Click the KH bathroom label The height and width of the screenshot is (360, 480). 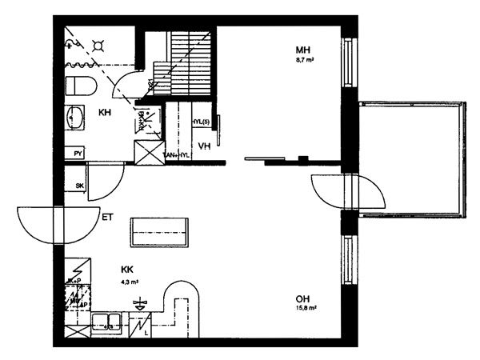tap(105, 113)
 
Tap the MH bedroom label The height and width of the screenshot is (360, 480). tap(303, 50)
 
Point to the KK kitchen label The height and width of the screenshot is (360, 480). tap(127, 270)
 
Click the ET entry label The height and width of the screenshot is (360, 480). tap(107, 216)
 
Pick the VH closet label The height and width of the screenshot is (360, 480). tap(204, 146)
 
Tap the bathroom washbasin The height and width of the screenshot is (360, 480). tap(75, 117)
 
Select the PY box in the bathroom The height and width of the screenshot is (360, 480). tap(78, 152)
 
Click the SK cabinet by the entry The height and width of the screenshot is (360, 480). tap(78, 186)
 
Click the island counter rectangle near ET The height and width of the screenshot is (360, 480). tap(161, 232)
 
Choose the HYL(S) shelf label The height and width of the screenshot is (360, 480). tap(201, 122)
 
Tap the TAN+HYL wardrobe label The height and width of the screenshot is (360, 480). tap(176, 155)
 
